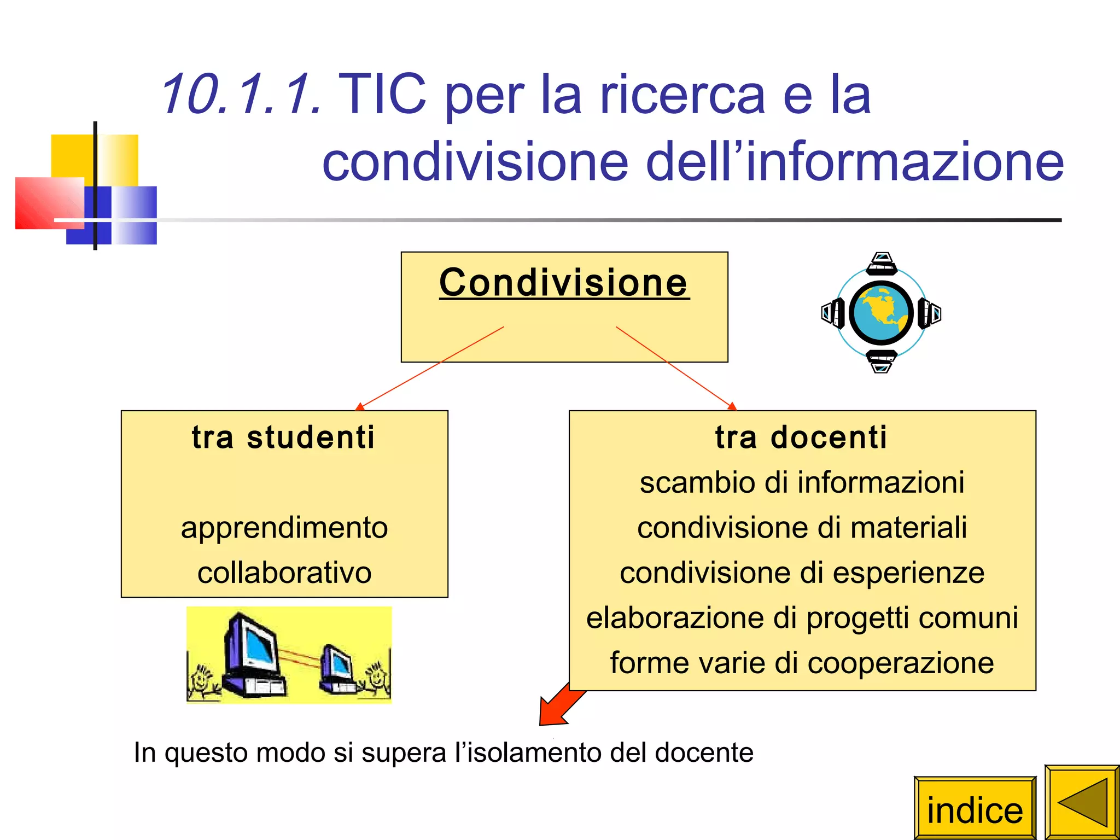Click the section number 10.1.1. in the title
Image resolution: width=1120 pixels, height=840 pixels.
point(241,94)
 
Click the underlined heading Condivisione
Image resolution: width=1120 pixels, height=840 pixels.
point(564,283)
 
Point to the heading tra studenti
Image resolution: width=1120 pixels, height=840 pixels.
point(284,437)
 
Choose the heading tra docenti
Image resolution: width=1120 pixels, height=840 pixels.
point(801,437)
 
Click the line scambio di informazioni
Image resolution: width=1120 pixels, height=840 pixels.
point(802,483)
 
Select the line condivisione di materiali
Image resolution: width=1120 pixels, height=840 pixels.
point(802,528)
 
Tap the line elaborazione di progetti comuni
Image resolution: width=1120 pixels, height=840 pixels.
point(802,618)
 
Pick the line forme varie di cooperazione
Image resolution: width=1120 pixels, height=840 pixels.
point(802,663)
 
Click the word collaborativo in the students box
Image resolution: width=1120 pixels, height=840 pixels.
point(284,573)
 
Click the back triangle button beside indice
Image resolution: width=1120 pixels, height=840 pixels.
point(1082,802)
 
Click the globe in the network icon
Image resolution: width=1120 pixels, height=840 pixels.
point(881,312)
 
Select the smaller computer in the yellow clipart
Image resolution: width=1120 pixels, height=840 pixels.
point(337,668)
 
